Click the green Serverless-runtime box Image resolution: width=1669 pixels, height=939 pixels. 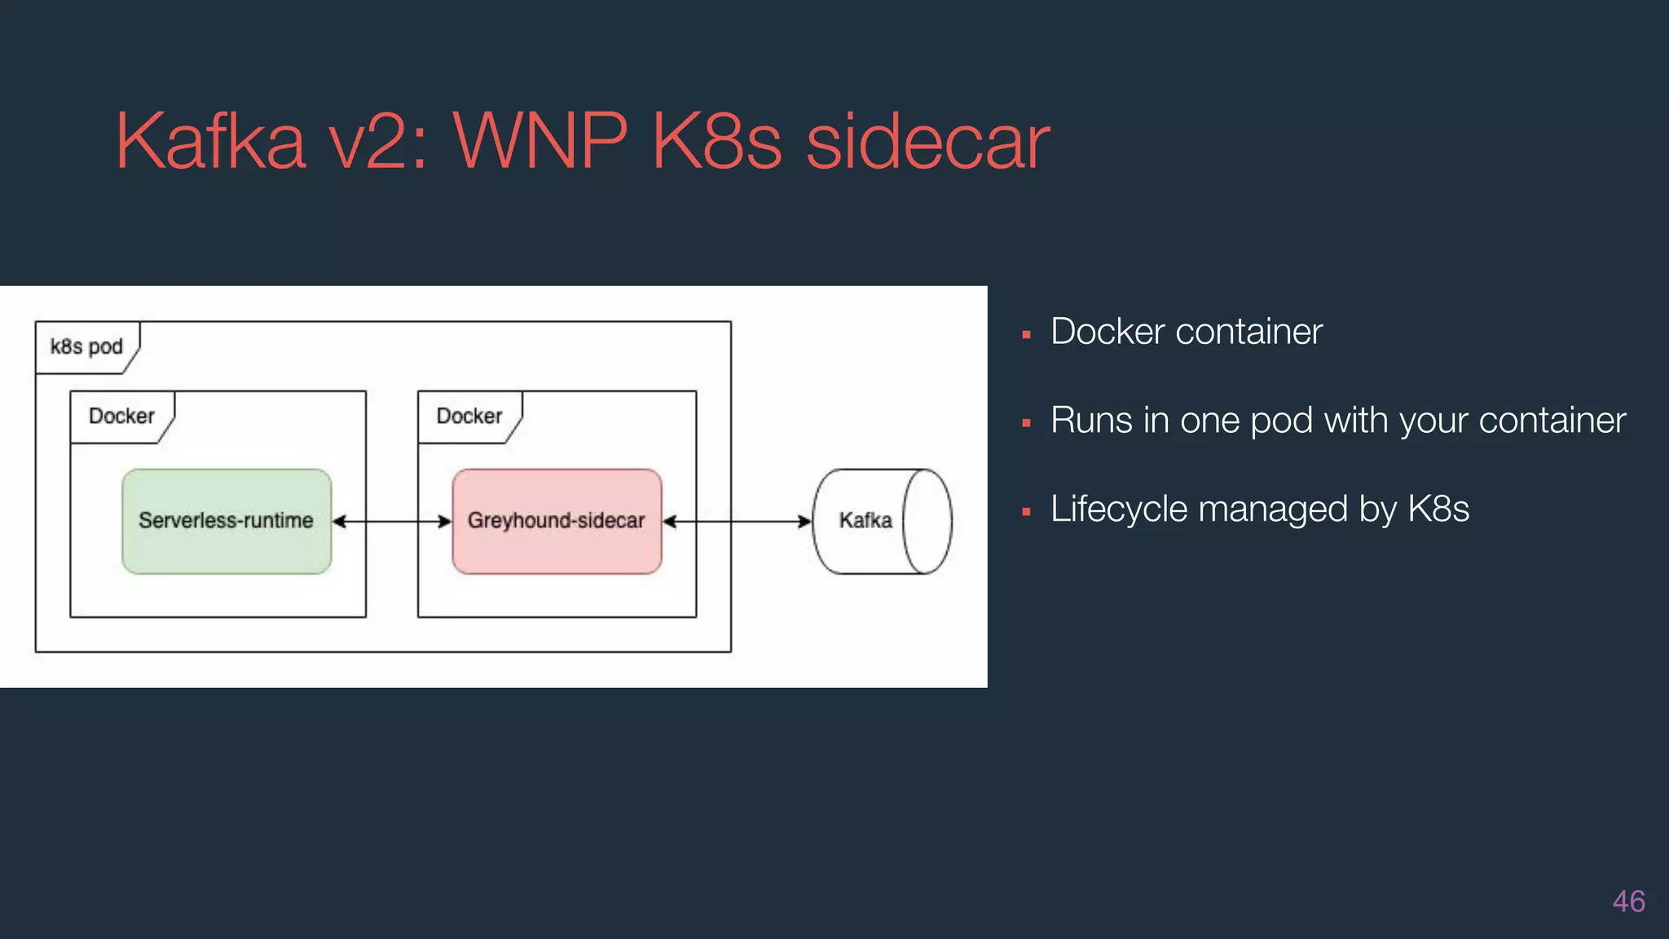[227, 522]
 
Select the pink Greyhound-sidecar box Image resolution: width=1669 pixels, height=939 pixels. [557, 522]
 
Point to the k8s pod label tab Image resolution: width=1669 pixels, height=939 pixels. [86, 347]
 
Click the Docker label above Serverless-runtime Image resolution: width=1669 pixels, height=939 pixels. [121, 417]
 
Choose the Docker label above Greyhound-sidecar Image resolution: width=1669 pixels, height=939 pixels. [469, 417]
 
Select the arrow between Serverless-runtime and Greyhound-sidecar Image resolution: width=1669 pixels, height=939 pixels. [392, 522]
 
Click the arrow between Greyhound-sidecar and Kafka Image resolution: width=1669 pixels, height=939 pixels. [738, 522]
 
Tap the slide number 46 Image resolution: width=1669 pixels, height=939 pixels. [1628, 902]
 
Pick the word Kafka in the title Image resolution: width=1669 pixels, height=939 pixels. [210, 142]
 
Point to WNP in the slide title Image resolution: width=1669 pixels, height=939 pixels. [540, 142]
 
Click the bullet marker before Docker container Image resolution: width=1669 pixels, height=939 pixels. [1027, 335]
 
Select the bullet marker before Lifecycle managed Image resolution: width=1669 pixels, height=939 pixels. [1027, 513]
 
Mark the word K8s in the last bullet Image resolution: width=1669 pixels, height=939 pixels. [1438, 509]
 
